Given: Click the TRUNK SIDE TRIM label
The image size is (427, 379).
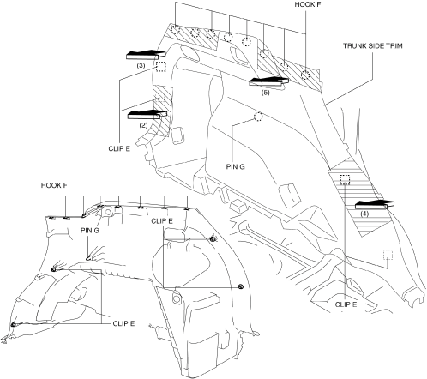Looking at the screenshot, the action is pyautogui.click(x=373, y=46).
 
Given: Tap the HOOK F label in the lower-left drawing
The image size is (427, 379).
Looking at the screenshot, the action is pyautogui.click(x=54, y=185).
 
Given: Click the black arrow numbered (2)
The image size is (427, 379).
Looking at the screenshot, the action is pyautogui.click(x=147, y=115).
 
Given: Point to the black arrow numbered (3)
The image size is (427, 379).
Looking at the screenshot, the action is pyautogui.click(x=146, y=55).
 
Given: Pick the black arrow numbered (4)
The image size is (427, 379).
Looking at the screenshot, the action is pyautogui.click(x=375, y=205).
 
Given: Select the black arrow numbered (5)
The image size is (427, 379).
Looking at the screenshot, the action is pyautogui.click(x=268, y=81).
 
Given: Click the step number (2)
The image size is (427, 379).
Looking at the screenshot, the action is pyautogui.click(x=143, y=125).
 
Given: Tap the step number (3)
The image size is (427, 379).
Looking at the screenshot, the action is pyautogui.click(x=141, y=65).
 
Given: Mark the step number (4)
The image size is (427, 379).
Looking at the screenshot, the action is pyautogui.click(x=364, y=214).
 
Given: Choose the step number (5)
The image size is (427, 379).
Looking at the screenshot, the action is pyautogui.click(x=266, y=93).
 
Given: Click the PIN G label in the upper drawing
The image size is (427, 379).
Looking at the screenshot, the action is pyautogui.click(x=236, y=166).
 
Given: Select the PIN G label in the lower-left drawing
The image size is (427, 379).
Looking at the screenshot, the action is pyautogui.click(x=90, y=231).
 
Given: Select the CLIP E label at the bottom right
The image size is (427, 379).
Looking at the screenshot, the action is pyautogui.click(x=346, y=304).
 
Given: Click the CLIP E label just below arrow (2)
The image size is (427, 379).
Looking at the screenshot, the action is pyautogui.click(x=119, y=149).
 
